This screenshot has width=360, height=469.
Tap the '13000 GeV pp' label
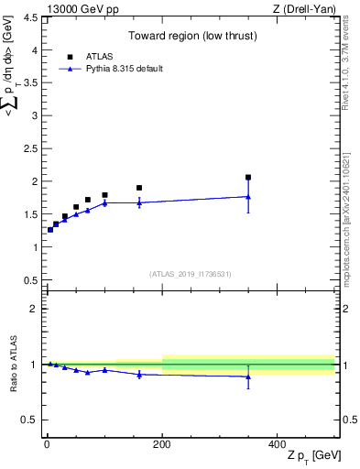[65, 8]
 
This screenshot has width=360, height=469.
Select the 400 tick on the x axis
[278, 444]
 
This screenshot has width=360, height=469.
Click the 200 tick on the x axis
[162, 444]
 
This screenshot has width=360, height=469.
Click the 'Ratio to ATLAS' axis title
[14, 364]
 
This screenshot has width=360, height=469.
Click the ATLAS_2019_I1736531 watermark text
[190, 273]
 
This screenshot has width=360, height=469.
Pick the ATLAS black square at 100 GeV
[104, 195]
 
